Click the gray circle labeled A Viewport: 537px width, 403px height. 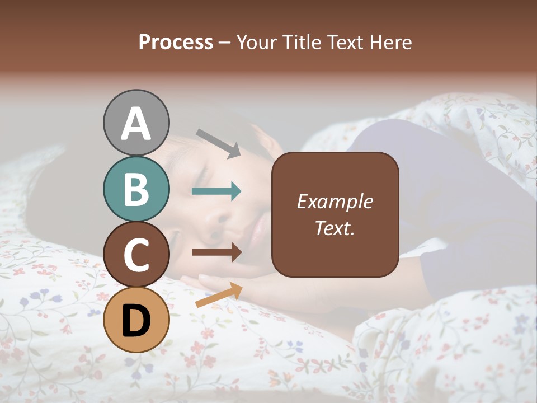coord(136,123)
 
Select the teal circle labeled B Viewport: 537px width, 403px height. coord(136,189)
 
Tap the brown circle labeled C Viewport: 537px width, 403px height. coord(136,254)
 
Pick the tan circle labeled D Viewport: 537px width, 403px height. coord(136,320)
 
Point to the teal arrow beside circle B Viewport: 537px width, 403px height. coord(216,191)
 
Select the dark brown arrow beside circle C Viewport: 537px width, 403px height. coord(216,252)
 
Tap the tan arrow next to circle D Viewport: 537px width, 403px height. coord(219,295)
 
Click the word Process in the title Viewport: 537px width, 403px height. coord(176,42)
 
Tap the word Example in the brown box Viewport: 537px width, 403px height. coord(335,201)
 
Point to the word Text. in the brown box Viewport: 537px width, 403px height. coord(335,228)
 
